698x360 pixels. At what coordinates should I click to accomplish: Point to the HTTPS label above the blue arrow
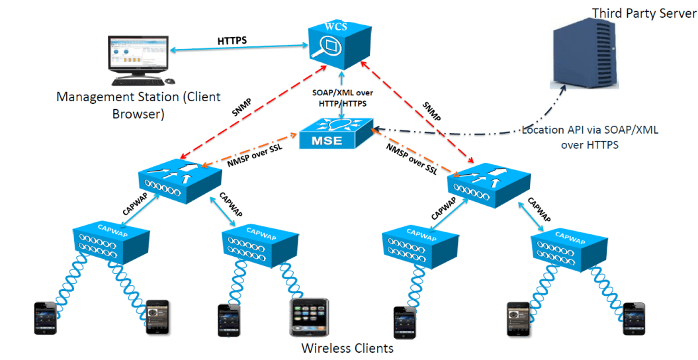232,41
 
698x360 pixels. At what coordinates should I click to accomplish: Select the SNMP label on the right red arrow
431,110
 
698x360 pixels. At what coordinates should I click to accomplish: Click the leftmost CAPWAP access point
109,242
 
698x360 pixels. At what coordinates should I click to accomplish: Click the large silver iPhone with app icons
309,318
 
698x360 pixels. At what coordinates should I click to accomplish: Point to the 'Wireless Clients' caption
347,348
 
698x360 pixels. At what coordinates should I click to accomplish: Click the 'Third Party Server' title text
644,13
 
